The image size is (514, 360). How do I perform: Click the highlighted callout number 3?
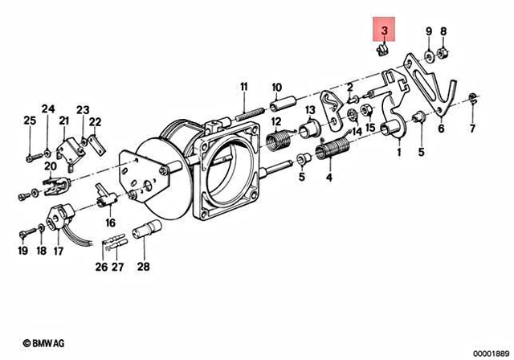tap(385, 31)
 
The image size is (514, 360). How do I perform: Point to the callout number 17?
tap(57, 251)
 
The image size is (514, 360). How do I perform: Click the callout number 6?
tap(441, 127)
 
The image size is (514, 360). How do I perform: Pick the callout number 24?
tap(48, 108)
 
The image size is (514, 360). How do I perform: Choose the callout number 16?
tap(109, 223)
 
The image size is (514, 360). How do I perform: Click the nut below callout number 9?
tap(430, 54)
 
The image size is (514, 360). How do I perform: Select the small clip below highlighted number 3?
tap(384, 51)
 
